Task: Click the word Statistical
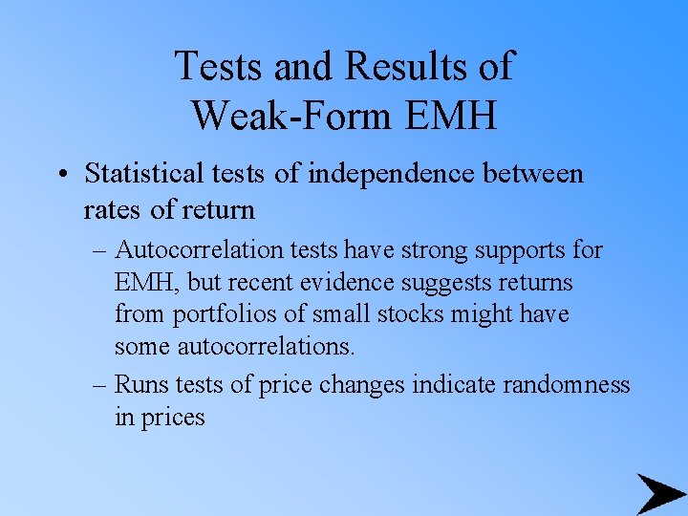pos(143,174)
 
